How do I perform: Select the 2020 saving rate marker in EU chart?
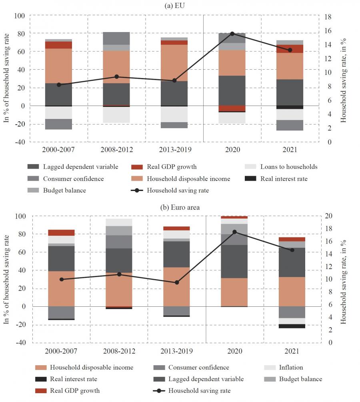pyautogui.click(x=232, y=34)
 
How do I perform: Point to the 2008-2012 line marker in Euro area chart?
pyautogui.click(x=119, y=274)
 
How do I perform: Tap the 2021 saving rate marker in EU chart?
pyautogui.click(x=290, y=50)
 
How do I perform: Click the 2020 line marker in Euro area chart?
pyautogui.click(x=234, y=232)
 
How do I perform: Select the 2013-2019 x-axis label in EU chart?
pyautogui.click(x=174, y=150)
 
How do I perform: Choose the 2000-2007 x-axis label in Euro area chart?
pyautogui.click(x=61, y=351)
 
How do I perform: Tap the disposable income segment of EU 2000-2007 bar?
pyautogui.click(x=58, y=66)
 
